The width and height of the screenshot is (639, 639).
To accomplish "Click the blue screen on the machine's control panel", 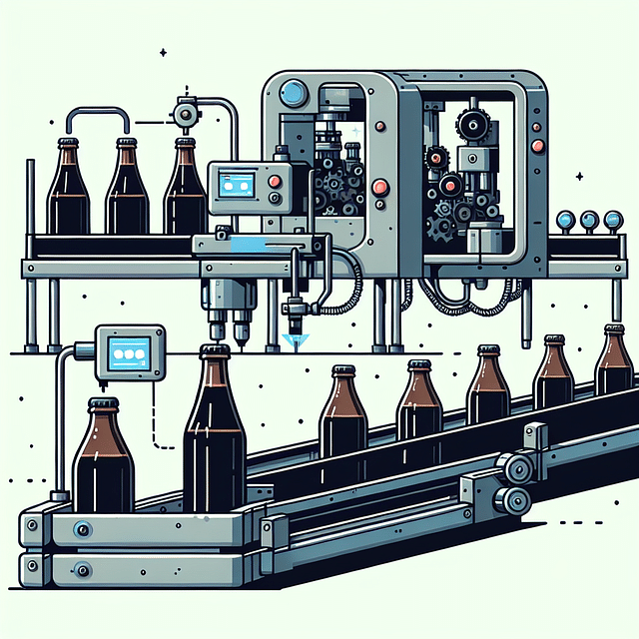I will pyautogui.click(x=236, y=183).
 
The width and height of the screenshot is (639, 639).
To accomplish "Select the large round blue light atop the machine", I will pyautogui.click(x=293, y=93).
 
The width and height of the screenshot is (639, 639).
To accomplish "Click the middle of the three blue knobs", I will pyautogui.click(x=589, y=220).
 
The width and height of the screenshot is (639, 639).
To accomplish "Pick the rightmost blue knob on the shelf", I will pyautogui.click(x=610, y=220).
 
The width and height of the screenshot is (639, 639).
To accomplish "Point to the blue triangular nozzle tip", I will pyautogui.click(x=293, y=341).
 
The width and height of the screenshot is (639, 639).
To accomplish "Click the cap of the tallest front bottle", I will pyautogui.click(x=215, y=351).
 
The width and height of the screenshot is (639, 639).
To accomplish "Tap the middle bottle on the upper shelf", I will pyautogui.click(x=127, y=190).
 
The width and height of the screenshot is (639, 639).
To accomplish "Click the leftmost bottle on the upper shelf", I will pyautogui.click(x=69, y=190).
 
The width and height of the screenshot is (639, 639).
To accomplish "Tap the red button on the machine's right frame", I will pyautogui.click(x=538, y=146).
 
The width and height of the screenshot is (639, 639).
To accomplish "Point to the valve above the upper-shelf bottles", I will pyautogui.click(x=184, y=115).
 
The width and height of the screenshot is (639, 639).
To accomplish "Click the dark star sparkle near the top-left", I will pyautogui.click(x=163, y=52).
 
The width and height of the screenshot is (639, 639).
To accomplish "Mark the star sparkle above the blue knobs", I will pyautogui.click(x=579, y=177).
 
